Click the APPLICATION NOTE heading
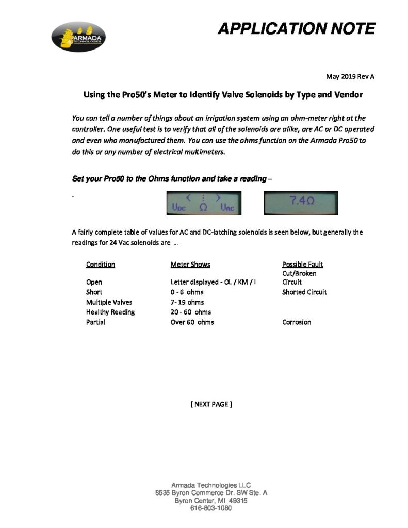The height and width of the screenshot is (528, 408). click(296, 28)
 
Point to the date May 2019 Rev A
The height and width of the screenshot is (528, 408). click(350, 77)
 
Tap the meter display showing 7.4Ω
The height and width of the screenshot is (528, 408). click(300, 203)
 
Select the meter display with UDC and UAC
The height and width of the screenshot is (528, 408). click(203, 203)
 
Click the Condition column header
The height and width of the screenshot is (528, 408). click(101, 265)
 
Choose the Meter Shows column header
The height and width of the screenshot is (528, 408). click(190, 265)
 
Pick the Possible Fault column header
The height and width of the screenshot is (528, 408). click(302, 265)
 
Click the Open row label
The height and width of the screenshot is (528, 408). click(94, 282)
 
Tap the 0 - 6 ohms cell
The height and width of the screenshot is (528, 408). click(187, 292)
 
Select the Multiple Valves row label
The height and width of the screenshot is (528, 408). click(109, 302)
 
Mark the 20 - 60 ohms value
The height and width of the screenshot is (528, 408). click(190, 312)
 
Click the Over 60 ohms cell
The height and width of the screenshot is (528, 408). click(192, 322)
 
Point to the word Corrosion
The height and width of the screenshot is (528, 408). click(297, 322)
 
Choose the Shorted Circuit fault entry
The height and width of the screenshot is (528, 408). click(304, 292)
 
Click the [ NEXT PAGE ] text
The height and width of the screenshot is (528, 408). click(211, 404)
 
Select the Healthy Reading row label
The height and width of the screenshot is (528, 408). click(110, 312)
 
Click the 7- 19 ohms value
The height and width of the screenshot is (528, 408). click(187, 302)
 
